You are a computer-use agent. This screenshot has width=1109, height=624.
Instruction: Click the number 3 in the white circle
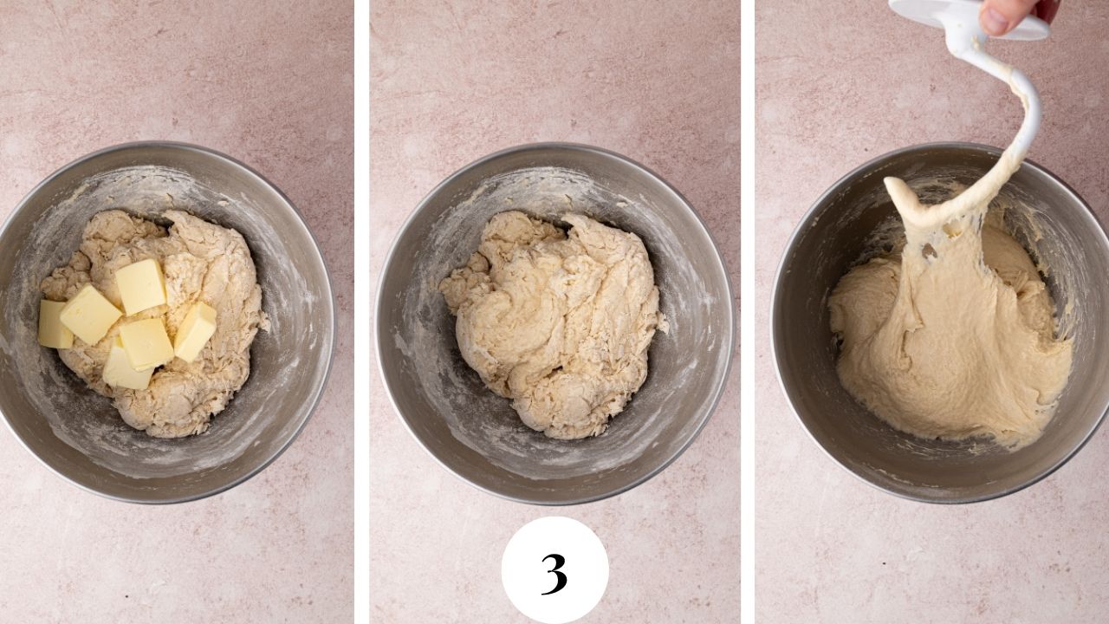point(554,572)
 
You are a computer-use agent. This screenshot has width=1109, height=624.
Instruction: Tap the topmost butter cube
point(140,286)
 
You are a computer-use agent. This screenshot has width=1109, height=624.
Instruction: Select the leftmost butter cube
point(55,324)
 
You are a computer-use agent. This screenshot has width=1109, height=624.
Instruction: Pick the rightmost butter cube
point(196,330)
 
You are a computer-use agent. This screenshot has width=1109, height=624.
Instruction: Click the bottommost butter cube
point(126,371)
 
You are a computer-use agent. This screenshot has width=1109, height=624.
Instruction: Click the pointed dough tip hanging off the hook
point(892,185)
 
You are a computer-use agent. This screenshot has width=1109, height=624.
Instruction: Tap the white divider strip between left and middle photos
point(361,312)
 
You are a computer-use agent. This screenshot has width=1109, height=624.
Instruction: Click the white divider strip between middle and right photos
point(748,312)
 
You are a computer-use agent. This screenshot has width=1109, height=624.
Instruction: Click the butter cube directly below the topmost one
point(146,342)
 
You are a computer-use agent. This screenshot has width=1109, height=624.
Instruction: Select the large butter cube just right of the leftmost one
point(89,314)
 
